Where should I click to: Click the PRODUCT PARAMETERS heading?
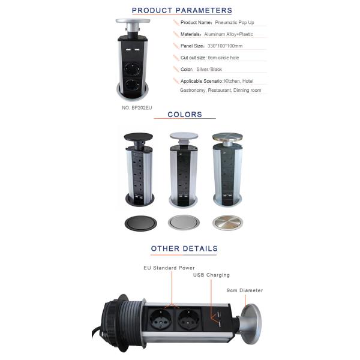point(182,10)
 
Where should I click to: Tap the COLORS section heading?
point(185,115)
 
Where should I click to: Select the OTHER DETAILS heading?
point(184,248)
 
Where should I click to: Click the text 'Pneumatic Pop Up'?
point(235,23)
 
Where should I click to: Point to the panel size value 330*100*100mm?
point(225,46)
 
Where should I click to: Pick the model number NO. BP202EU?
point(137,107)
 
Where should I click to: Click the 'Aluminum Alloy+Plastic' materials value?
point(229,34)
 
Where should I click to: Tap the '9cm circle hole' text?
point(223,58)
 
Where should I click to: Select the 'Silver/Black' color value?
point(209,70)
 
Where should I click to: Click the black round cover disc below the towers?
point(141,223)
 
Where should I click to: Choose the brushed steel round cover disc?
point(227,223)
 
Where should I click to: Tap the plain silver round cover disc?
point(184,222)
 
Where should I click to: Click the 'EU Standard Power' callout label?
point(169,268)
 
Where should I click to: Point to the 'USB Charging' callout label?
point(211,275)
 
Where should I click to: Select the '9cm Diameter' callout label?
point(245,290)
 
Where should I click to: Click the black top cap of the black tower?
point(138,137)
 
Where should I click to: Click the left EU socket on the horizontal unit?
point(160,319)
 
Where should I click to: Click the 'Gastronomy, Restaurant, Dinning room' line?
point(220,90)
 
